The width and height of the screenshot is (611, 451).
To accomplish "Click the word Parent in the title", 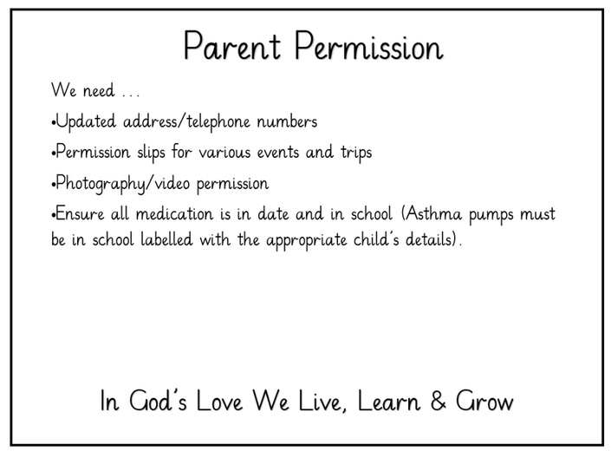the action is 232,46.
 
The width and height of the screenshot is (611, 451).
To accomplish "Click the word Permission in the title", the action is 368,46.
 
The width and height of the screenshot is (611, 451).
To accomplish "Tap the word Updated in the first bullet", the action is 86,122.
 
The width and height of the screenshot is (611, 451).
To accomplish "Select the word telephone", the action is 218,121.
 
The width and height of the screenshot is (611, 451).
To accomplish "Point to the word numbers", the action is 287,121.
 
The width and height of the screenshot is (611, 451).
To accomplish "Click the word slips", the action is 151,152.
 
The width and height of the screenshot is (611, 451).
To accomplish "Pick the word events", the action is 278,153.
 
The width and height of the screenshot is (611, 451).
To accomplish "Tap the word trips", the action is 356,153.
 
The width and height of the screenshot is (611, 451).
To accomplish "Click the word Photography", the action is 101,184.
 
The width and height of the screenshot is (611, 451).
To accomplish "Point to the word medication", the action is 174,214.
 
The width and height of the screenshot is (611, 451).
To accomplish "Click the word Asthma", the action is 432,213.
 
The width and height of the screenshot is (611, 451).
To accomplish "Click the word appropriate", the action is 307,240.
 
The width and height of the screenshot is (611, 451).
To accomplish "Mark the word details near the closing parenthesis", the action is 428,239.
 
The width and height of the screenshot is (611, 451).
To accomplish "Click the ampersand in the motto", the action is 439,401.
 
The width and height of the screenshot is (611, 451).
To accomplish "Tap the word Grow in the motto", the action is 484,401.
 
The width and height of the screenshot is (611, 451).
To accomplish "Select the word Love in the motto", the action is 219,401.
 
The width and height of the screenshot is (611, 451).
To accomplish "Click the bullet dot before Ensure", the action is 53,215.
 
